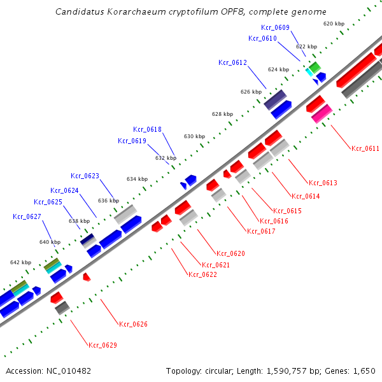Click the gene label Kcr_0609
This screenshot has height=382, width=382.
click(275, 27)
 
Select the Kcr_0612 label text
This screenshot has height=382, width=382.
click(232, 62)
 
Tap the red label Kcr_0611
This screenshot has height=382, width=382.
click(365, 148)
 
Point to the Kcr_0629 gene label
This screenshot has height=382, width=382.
click(103, 345)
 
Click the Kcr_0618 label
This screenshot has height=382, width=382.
click(147, 129)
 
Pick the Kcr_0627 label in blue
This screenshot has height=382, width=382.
click(27, 216)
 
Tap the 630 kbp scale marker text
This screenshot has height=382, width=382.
click(195, 136)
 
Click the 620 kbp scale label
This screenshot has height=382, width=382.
click(334, 24)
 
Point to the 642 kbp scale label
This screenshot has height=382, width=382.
click(20, 262)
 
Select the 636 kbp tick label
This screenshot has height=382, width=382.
click(108, 201)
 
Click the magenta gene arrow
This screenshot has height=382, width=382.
click(322, 113)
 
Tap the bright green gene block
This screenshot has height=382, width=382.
click(315, 66)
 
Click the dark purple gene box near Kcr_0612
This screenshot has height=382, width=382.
click(275, 99)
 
